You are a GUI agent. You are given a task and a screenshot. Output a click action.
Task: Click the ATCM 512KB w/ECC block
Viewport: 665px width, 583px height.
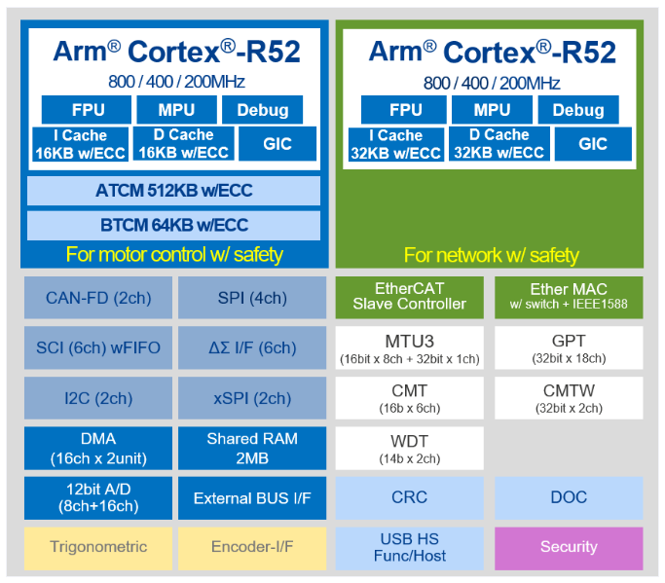coord(174,191)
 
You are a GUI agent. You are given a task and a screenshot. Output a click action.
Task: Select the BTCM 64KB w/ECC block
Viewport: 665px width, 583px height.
coord(174,225)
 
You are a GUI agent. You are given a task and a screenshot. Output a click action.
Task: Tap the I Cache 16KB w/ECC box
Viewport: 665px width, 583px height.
coord(80,144)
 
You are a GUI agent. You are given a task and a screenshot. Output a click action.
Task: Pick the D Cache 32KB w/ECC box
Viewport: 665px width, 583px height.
coord(499,144)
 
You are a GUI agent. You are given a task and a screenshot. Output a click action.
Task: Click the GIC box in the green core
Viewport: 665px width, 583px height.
coord(593,144)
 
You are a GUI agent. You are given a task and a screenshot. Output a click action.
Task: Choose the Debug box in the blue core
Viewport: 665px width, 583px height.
coord(263,110)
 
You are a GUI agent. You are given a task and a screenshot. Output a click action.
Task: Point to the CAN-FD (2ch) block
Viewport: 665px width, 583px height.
coord(98,298)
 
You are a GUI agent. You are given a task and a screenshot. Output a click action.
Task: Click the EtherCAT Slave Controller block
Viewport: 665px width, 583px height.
coord(409,297)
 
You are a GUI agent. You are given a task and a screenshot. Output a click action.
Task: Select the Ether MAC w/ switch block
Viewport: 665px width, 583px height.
coord(569,297)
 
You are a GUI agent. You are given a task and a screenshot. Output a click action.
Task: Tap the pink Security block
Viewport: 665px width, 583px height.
coord(569,548)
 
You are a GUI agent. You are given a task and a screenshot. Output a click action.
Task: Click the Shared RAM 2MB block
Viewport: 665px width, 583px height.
coord(252,448)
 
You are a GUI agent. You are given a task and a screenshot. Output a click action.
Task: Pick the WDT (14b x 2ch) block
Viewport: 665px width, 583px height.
coord(409,448)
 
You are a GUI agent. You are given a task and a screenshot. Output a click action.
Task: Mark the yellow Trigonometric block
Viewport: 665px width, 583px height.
coord(98,548)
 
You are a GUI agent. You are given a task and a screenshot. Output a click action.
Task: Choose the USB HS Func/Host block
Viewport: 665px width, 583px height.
coord(409,548)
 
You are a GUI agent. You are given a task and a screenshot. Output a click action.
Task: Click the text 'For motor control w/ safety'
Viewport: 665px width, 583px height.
coord(174,255)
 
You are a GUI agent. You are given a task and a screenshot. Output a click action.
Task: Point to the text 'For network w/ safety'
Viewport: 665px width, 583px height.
coord(491,255)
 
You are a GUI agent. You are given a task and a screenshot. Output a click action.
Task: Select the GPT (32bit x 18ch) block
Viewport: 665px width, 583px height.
coord(569,347)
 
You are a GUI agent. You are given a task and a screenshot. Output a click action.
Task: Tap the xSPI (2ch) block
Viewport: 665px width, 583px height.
coord(252,398)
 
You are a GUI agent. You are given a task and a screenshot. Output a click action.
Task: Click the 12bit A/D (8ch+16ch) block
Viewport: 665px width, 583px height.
coord(98,497)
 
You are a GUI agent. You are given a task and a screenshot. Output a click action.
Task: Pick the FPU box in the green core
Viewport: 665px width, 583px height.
coord(404,110)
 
